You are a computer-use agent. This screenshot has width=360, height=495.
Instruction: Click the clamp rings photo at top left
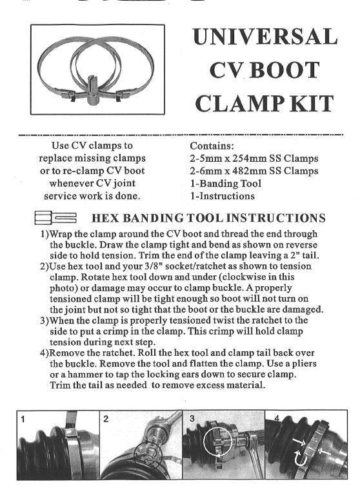coord(97,72)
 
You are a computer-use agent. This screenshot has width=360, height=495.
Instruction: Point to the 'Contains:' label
coord(212,146)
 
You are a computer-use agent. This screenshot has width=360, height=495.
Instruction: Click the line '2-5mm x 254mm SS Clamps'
coord(254,159)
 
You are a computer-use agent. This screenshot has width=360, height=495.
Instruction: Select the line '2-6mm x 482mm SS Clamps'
coord(254,171)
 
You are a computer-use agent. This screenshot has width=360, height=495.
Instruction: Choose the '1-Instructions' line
coord(222,196)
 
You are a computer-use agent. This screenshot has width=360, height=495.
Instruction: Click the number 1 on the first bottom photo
coord(23,420)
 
